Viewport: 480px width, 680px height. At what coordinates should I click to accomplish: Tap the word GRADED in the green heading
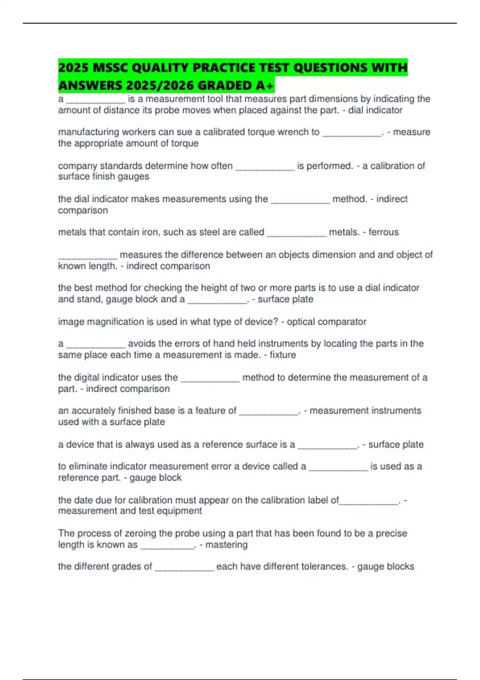224,86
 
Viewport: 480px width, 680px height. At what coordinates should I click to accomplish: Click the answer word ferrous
384,232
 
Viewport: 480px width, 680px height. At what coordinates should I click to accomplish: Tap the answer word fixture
283,355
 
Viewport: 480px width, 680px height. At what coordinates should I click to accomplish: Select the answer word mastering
226,544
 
